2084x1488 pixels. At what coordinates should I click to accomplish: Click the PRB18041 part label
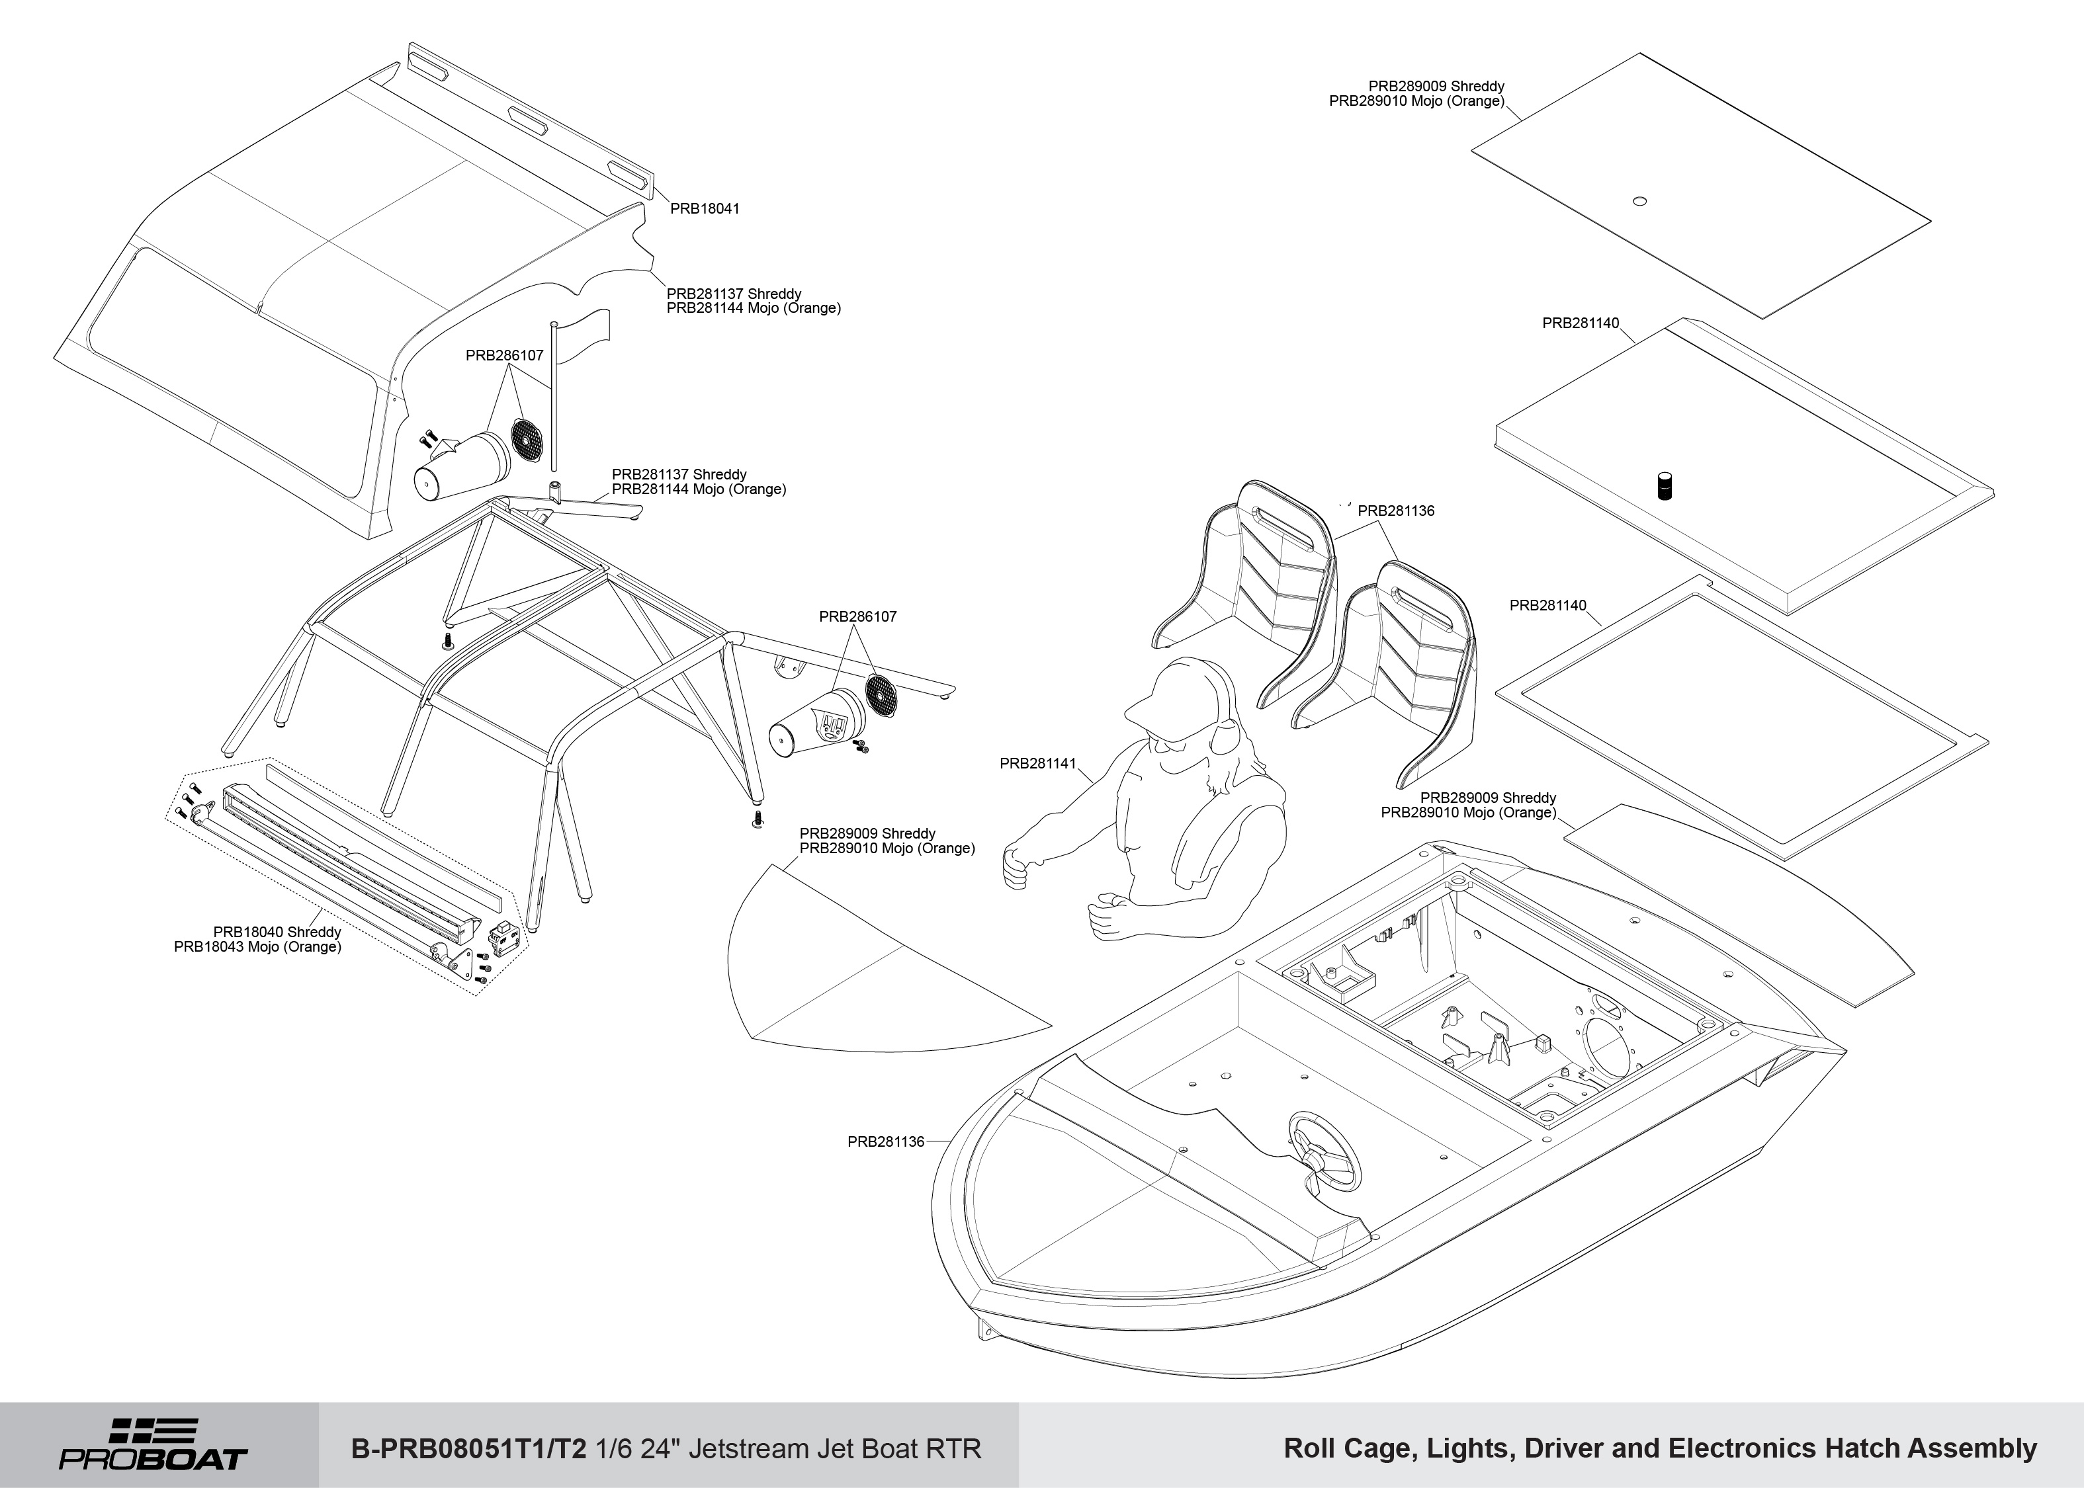704,209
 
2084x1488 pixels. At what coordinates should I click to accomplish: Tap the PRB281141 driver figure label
1037,763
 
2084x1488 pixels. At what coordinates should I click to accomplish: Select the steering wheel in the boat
1324,1152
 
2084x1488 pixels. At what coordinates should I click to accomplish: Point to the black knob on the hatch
1665,485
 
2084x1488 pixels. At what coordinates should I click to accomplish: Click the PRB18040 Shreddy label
277,932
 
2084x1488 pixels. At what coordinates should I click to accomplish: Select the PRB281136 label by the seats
1396,511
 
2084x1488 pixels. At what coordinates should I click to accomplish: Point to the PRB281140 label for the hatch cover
1580,323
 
